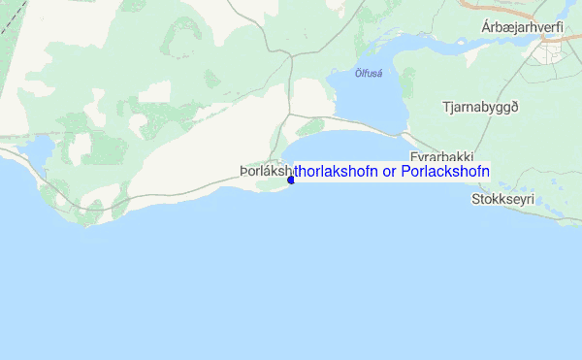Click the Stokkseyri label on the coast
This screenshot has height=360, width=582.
pyautogui.click(x=502, y=199)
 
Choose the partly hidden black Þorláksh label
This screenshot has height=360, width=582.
pyautogui.click(x=263, y=172)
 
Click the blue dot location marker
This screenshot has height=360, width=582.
pyautogui.click(x=291, y=180)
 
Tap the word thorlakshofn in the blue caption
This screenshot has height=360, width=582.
pyautogui.click(x=337, y=171)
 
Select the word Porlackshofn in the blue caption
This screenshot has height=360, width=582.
pyautogui.click(x=445, y=171)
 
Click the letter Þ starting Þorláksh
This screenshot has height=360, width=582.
pyautogui.click(x=243, y=172)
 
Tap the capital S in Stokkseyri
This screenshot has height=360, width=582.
pyautogui.click(x=474, y=199)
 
